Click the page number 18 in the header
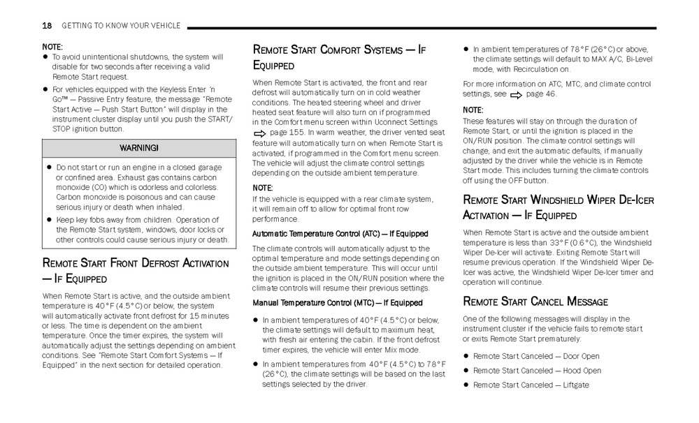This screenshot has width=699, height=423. (47, 26)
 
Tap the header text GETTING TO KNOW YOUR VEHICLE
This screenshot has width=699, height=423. (121, 26)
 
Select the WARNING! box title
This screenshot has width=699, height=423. (138, 148)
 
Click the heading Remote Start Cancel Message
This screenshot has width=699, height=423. (535, 302)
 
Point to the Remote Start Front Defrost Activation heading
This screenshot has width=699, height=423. (135, 271)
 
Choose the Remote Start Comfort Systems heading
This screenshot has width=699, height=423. (339, 57)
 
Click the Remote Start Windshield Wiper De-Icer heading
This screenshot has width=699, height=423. (558, 207)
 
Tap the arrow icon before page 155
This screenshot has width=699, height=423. (259, 133)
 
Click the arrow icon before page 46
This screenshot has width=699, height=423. (516, 94)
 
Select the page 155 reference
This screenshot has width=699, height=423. (286, 133)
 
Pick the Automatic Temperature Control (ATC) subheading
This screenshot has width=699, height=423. (340, 234)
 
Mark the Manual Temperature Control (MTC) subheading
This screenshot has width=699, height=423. (337, 303)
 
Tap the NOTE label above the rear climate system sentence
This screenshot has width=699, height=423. (262, 188)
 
